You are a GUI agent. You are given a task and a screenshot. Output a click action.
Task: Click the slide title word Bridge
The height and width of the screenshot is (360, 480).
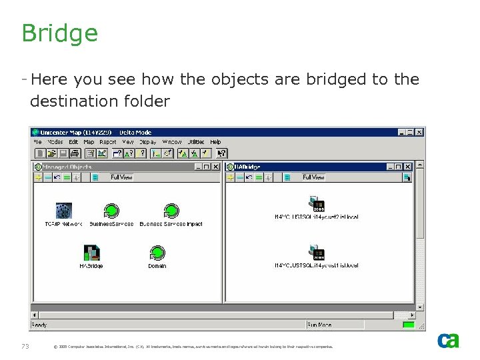[x=59, y=33]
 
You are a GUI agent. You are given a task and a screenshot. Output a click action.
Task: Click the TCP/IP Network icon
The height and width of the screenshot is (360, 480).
[x=63, y=211]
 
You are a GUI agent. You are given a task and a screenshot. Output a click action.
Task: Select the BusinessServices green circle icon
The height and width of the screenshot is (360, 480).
[x=111, y=211]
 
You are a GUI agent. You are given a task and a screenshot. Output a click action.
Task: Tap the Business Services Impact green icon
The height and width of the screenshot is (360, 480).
[x=171, y=211]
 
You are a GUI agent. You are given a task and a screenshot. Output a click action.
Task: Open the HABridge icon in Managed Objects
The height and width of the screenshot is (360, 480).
[x=91, y=253]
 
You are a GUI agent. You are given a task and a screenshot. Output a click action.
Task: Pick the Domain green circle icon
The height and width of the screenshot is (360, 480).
[x=157, y=253]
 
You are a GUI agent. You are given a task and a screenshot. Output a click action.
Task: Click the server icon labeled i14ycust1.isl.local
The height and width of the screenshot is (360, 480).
[x=317, y=252]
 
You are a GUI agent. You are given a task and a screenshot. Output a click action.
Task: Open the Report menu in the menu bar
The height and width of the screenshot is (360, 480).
[x=107, y=142]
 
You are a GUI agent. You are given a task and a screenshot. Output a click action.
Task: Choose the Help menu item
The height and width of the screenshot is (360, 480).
[x=215, y=142]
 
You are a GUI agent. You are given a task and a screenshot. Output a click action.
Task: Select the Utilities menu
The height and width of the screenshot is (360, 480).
[x=195, y=142]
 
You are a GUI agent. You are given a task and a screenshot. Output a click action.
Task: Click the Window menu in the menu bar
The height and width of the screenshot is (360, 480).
[x=172, y=142]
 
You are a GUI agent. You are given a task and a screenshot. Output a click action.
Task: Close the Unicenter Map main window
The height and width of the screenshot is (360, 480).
[x=419, y=133]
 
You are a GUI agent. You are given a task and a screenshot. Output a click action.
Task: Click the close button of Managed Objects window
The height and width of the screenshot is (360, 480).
[x=216, y=167]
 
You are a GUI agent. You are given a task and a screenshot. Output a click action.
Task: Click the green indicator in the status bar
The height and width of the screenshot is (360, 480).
[x=408, y=325]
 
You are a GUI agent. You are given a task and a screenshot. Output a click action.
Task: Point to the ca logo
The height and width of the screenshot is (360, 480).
[x=448, y=340]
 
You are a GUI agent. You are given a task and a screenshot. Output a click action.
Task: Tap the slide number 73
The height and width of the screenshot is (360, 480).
[x=25, y=346]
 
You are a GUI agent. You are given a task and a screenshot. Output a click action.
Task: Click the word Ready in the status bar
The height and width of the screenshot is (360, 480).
[x=39, y=325]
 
